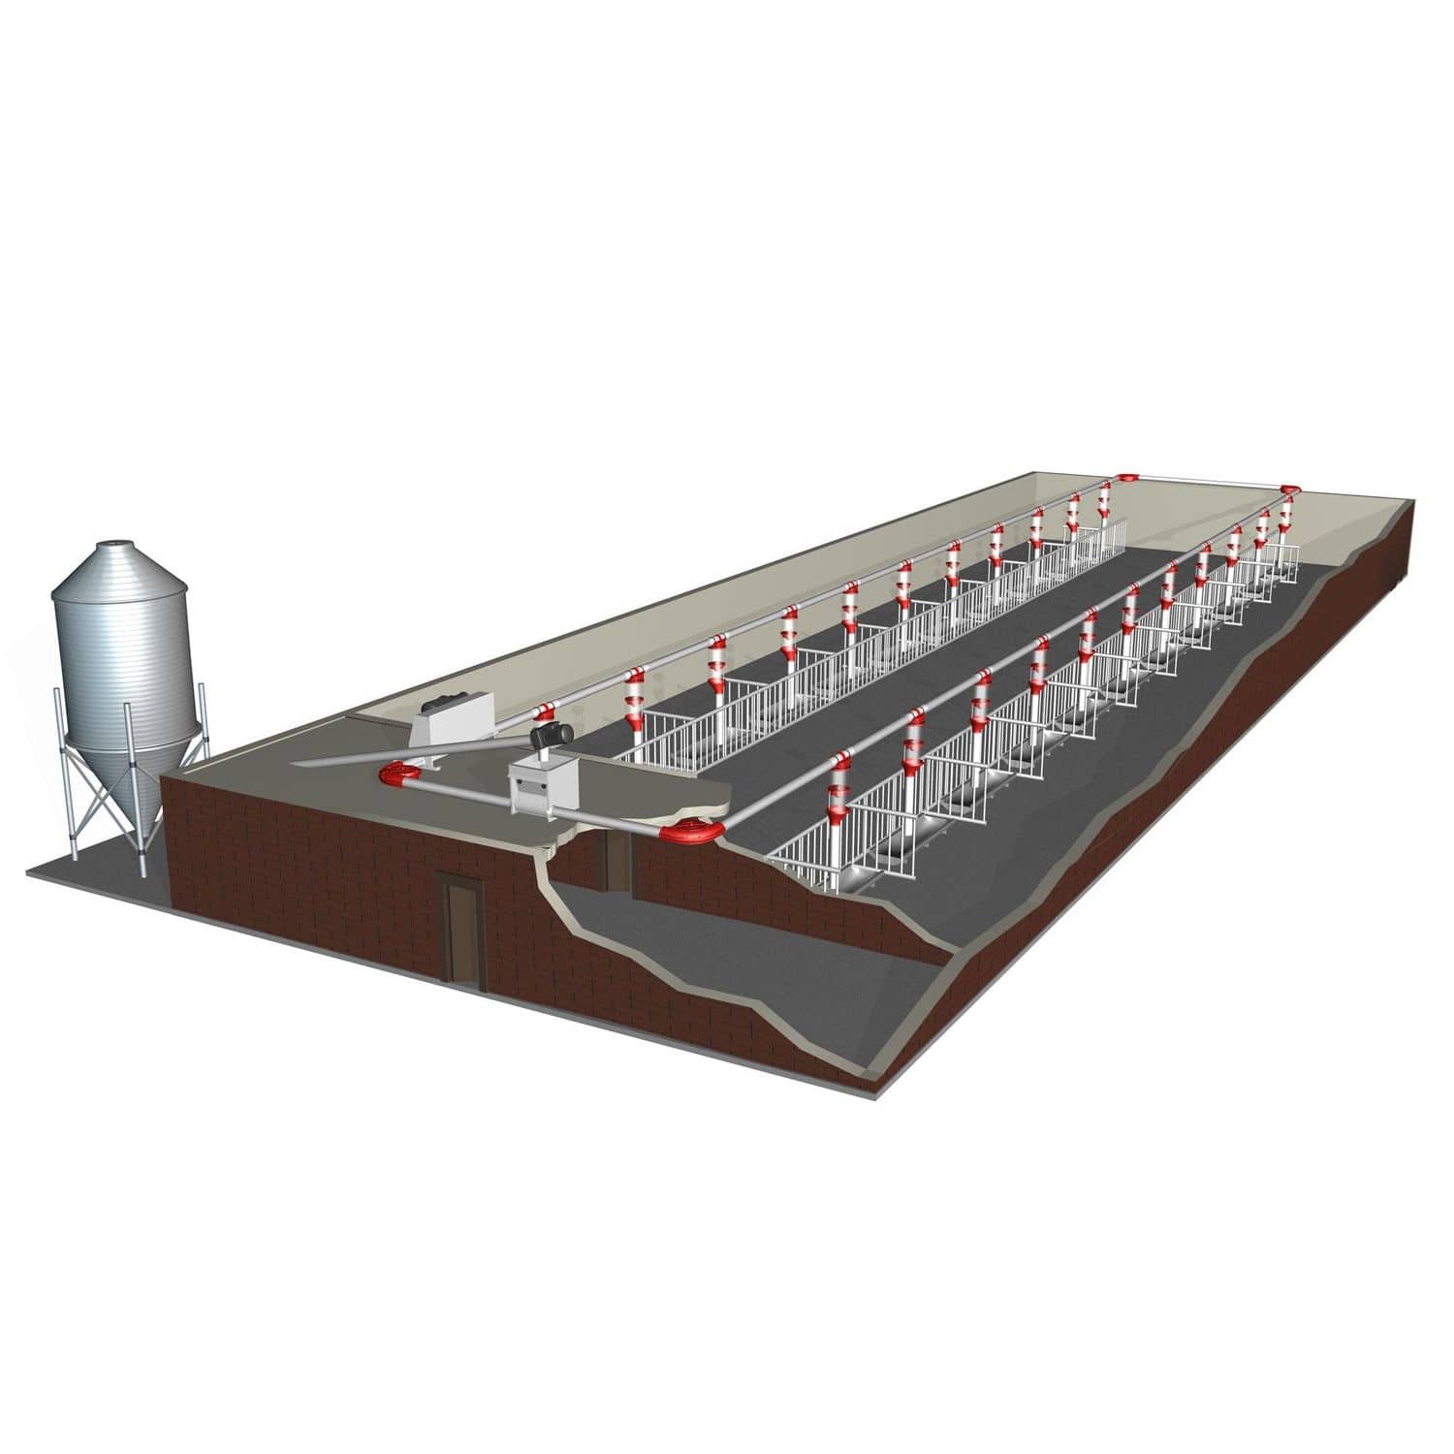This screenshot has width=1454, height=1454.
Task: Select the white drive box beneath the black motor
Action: (x=543, y=781)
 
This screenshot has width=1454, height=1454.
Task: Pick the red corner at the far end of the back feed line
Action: (x=1127, y=479)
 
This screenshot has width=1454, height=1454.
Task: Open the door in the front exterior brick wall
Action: (x=461, y=926)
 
